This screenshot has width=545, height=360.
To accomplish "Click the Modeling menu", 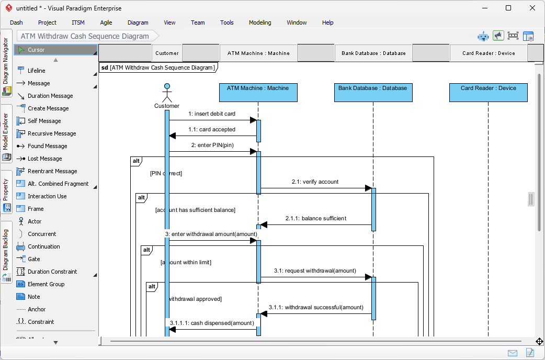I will [x=260, y=22].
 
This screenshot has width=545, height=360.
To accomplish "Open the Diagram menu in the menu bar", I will [x=138, y=22].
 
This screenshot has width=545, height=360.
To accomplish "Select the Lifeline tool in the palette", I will [x=36, y=71].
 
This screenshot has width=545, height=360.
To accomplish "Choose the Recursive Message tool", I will [x=52, y=133].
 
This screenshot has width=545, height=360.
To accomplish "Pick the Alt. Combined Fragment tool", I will [x=58, y=184].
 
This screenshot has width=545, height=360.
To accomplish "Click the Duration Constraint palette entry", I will [x=52, y=272].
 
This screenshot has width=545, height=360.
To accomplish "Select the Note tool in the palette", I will [x=33, y=297].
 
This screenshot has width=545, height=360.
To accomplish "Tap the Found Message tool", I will [x=47, y=146].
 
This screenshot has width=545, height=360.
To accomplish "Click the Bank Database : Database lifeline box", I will [x=372, y=93].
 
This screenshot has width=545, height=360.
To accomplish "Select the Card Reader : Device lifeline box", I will [x=488, y=93].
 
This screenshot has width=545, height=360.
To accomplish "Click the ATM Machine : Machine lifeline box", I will [x=258, y=93].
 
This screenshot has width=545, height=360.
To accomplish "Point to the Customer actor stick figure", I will [x=167, y=93].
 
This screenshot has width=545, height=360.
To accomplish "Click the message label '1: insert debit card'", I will [x=212, y=114].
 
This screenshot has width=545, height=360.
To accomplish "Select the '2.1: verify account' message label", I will [x=315, y=182].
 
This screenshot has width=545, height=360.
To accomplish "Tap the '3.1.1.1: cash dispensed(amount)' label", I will [x=212, y=323].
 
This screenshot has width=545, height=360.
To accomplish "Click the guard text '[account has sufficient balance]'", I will [x=195, y=210].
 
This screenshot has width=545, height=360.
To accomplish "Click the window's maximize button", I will [x=508, y=8].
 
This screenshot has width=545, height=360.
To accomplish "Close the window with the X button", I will [x=532, y=8].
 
